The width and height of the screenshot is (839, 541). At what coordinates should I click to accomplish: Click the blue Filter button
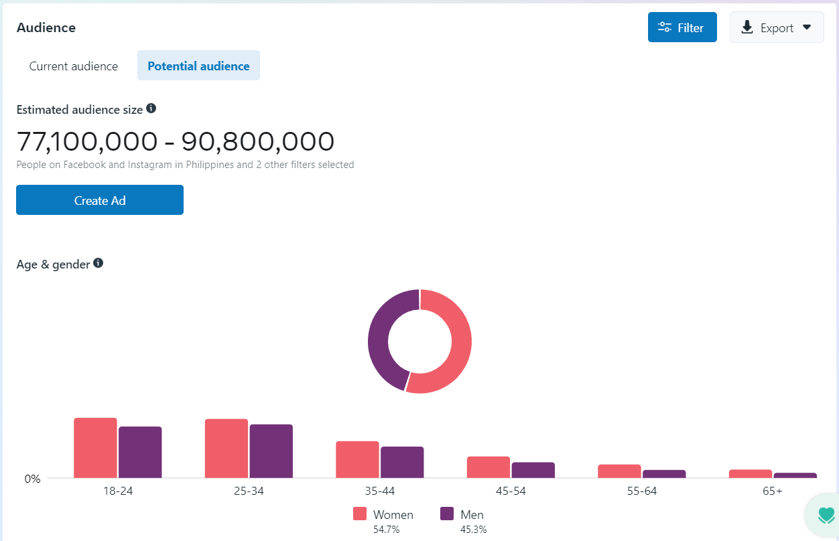click(x=682, y=27)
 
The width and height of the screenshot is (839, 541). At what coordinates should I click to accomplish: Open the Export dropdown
click(x=776, y=27)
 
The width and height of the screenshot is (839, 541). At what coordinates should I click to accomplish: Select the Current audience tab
click(x=74, y=66)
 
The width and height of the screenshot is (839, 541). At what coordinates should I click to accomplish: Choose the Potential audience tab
click(x=198, y=66)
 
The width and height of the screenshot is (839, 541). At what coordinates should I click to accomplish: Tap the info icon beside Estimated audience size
click(x=151, y=108)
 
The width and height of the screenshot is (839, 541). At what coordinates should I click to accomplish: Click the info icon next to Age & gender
click(x=99, y=263)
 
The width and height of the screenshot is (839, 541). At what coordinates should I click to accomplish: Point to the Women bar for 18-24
click(x=95, y=448)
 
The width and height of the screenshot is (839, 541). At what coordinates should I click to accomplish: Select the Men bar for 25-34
click(x=271, y=451)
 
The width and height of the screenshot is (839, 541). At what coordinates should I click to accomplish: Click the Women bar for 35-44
click(x=357, y=459)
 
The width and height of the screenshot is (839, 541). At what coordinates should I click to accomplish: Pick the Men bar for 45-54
click(x=533, y=470)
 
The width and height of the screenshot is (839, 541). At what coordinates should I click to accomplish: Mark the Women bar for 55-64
click(x=619, y=471)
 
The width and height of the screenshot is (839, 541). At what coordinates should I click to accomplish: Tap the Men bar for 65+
click(x=795, y=475)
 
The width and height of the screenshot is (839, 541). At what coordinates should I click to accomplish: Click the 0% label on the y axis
click(x=33, y=479)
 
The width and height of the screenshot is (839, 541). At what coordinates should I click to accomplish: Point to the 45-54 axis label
click(x=511, y=491)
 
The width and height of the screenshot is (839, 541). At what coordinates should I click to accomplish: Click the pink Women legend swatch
click(x=360, y=514)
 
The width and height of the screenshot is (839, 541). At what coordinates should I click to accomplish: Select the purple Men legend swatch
click(x=447, y=514)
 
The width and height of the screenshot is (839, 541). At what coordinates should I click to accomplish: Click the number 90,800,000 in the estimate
click(x=258, y=141)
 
